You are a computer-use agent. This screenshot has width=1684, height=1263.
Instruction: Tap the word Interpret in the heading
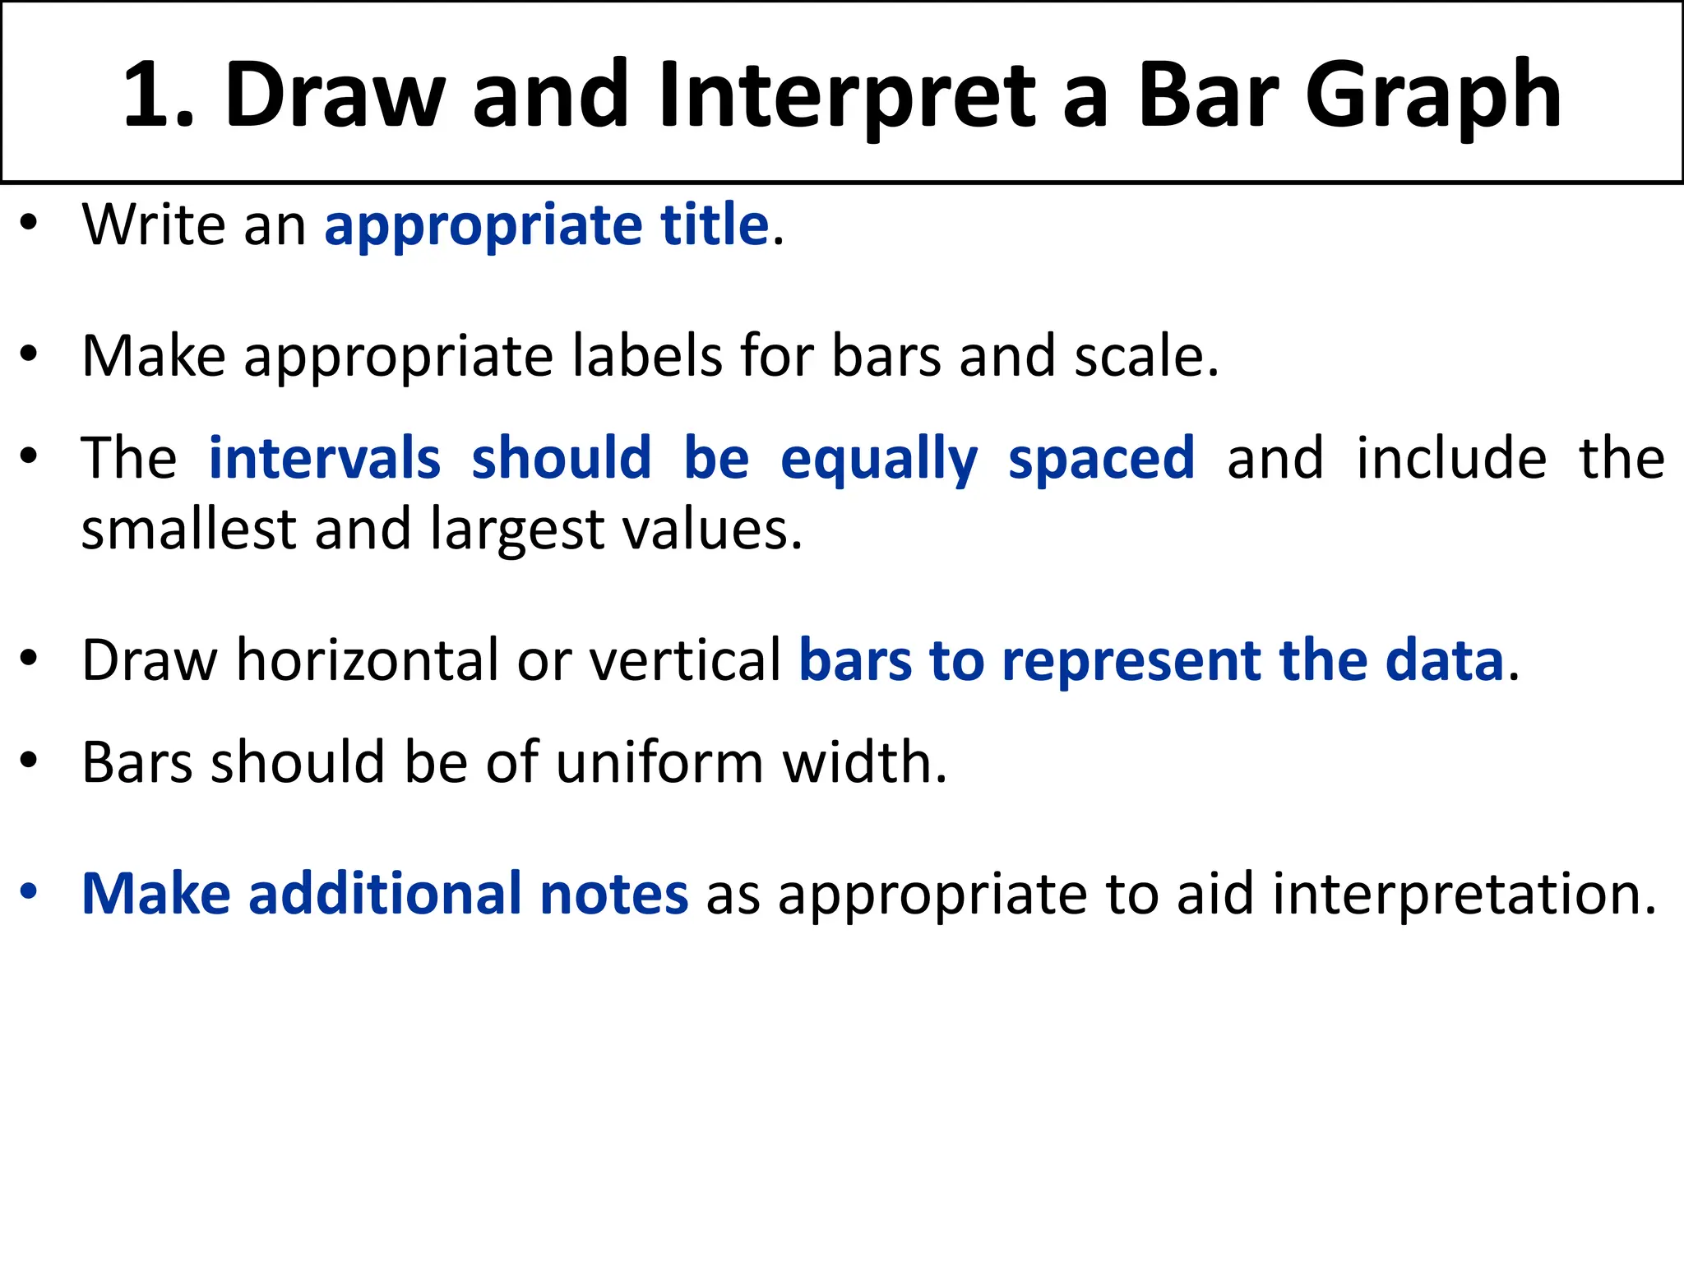click(849, 96)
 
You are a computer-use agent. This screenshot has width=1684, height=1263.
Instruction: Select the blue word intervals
click(325, 458)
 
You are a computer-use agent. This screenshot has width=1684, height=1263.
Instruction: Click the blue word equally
click(879, 460)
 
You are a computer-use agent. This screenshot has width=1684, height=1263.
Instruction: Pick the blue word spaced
click(1101, 460)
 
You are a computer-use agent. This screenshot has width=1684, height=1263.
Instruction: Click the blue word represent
click(1131, 661)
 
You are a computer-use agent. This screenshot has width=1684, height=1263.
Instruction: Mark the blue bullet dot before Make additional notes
click(30, 891)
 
